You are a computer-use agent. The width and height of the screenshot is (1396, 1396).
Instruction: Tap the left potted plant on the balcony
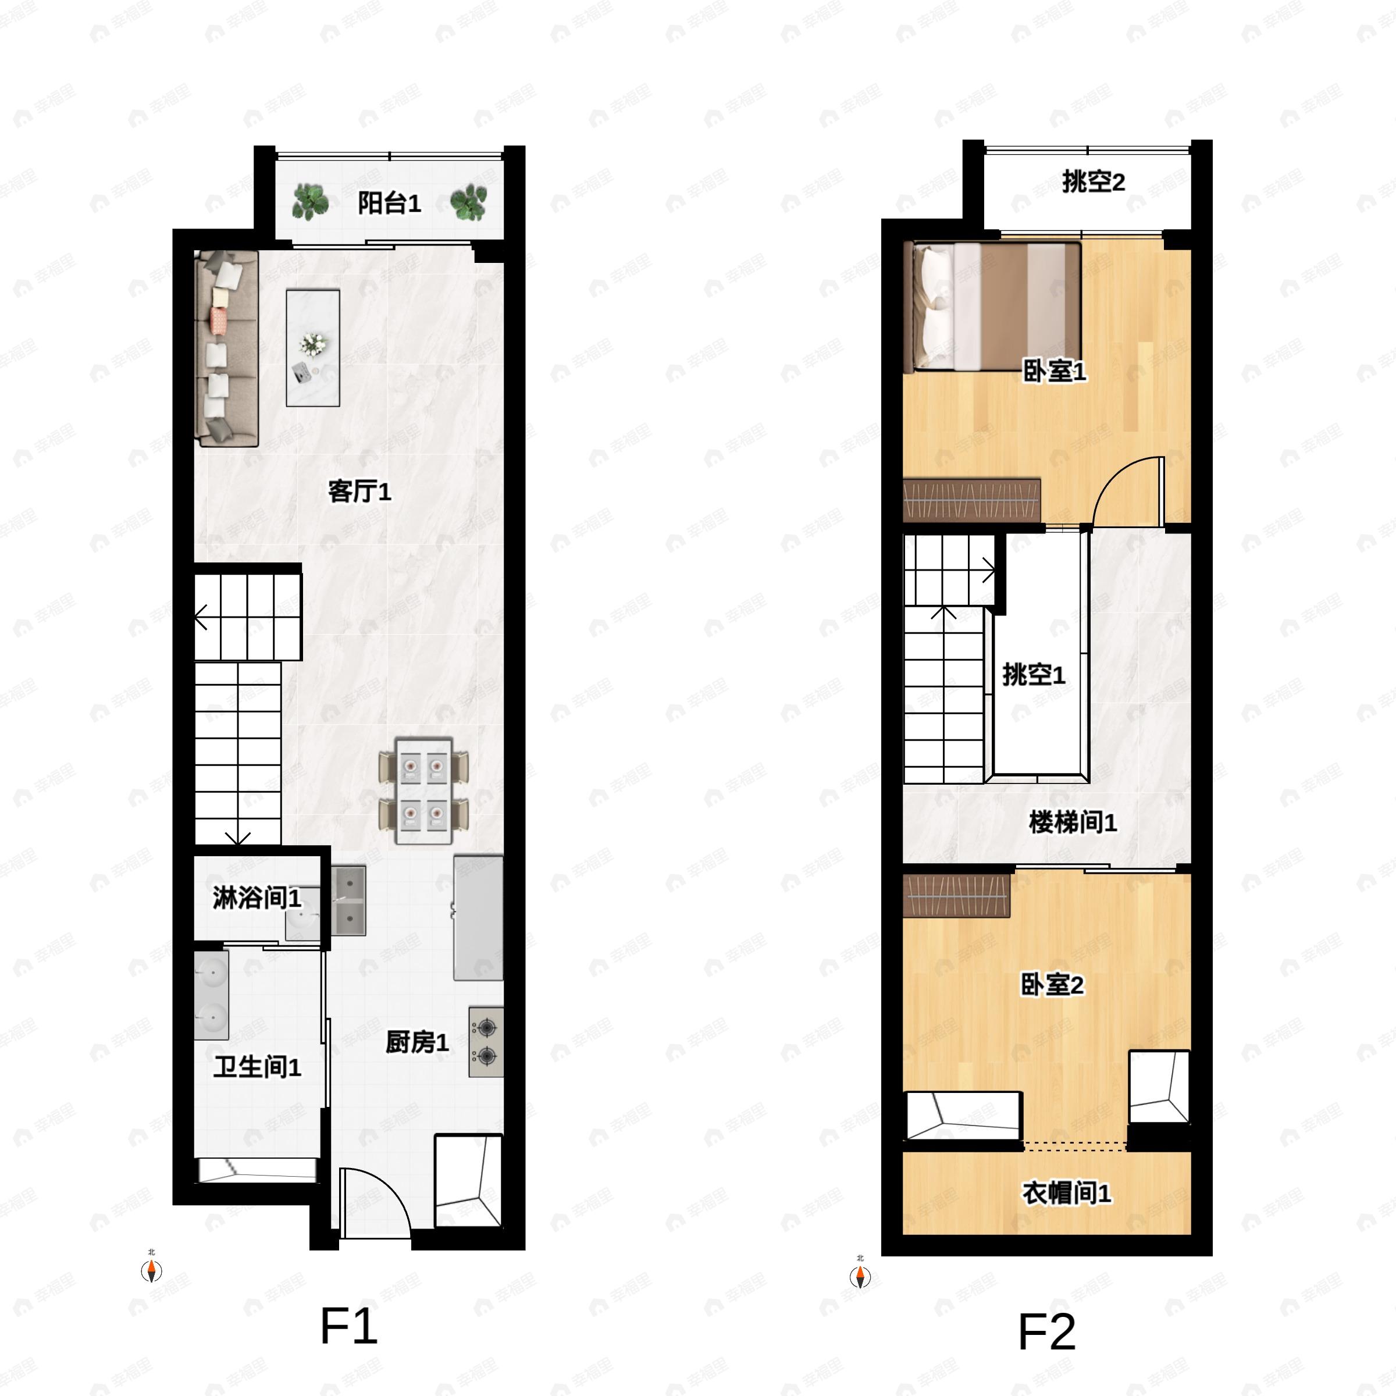tap(310, 202)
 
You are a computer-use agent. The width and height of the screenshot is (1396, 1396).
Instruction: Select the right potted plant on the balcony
tap(468, 202)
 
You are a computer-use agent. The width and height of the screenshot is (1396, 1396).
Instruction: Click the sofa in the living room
tap(227, 348)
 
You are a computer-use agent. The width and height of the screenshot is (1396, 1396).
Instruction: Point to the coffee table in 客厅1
tap(313, 348)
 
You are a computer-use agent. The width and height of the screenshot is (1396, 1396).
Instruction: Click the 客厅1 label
tap(359, 492)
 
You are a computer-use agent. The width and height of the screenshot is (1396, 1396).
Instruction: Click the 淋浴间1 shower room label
tap(257, 898)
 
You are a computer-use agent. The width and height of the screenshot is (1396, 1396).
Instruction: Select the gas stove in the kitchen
tap(486, 1041)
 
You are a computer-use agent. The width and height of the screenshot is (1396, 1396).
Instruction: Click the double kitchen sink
tap(349, 900)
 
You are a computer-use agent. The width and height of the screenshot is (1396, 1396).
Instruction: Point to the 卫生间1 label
tap(257, 1067)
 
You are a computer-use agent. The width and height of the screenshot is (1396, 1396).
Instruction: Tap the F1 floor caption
tap(348, 1327)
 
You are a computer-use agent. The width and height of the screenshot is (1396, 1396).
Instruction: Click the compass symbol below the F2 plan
tap(860, 1277)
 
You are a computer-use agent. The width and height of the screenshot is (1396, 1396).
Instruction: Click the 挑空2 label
tap(1092, 182)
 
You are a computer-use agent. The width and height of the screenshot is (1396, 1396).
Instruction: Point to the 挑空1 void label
tap(1033, 675)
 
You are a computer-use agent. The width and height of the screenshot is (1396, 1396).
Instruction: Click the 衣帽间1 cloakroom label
tap(1066, 1193)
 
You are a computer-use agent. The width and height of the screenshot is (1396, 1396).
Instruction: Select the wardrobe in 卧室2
tap(956, 895)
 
